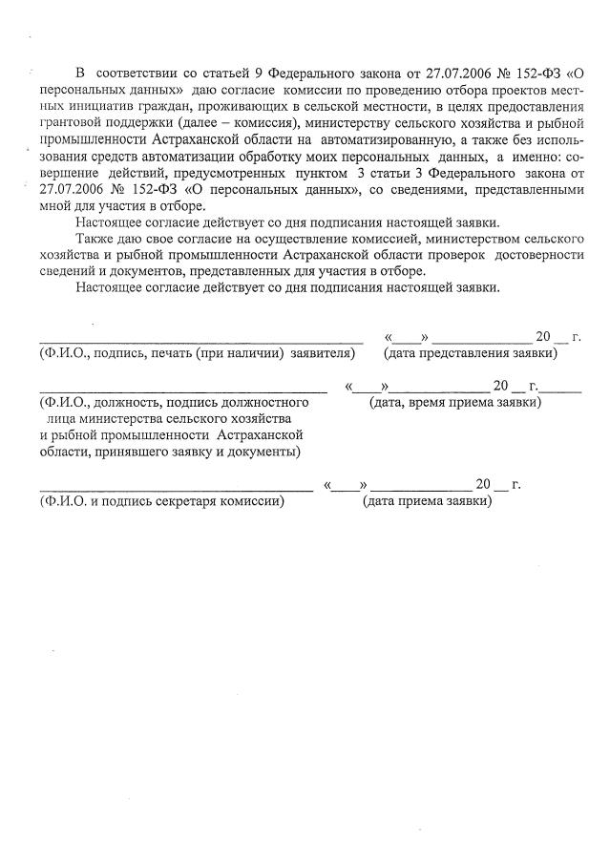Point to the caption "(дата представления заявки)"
coord(470,353)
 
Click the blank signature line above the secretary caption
coord(176,489)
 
